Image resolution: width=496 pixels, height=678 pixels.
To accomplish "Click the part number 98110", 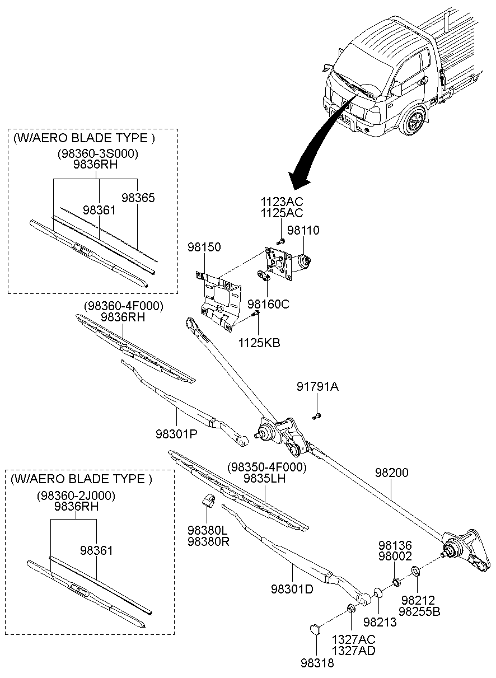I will click(304, 230).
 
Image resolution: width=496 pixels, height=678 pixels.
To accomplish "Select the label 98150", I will click(204, 247).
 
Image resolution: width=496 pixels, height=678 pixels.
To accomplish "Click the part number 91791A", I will click(317, 387).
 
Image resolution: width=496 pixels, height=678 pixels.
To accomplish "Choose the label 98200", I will click(392, 473).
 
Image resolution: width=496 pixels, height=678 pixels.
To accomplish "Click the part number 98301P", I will click(176, 433).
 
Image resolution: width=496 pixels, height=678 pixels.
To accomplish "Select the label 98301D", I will click(291, 588).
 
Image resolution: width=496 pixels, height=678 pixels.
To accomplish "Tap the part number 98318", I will click(317, 663).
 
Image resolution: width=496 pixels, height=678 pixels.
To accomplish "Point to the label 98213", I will click(380, 621).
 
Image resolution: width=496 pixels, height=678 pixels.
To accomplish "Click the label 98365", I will click(138, 198).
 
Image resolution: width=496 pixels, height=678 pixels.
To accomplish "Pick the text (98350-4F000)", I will click(267, 467).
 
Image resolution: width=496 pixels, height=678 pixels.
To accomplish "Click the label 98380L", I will click(207, 530).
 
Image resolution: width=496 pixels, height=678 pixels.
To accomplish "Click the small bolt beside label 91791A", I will click(317, 415).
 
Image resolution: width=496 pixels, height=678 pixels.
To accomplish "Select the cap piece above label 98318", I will click(315, 629).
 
